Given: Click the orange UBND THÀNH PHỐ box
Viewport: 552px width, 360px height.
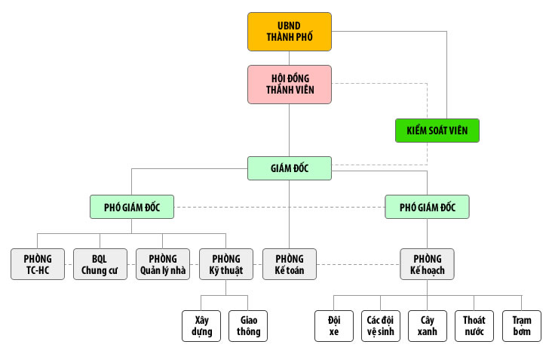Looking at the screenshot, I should (279, 31).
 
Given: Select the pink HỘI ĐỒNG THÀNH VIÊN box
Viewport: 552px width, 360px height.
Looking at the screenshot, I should (290, 84).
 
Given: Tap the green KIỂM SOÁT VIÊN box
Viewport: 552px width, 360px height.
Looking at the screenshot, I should (437, 131).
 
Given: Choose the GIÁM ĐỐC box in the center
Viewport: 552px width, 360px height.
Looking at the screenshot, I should (290, 168).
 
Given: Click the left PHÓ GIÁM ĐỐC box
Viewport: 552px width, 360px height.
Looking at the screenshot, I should (131, 206).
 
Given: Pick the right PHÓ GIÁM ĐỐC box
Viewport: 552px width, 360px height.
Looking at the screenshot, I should (427, 206).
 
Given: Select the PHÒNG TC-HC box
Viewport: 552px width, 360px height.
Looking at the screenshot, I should (38, 265).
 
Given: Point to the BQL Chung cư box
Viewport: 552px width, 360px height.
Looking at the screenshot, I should (100, 265).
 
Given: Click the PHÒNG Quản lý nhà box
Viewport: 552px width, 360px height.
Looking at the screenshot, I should (163, 265).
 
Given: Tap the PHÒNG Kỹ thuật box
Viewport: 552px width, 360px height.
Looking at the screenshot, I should (226, 265).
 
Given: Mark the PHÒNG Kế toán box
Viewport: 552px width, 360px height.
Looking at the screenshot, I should (290, 265).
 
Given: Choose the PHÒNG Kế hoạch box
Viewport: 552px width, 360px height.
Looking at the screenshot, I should (427, 265).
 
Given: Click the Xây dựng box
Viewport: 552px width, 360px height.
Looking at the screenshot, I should (201, 325).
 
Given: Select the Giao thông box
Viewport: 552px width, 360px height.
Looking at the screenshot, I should (248, 325).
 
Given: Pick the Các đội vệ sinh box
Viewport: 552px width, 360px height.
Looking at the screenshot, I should (381, 325).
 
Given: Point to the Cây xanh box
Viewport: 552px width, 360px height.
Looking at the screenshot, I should (428, 325).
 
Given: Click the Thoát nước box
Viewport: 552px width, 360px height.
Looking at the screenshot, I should (474, 325).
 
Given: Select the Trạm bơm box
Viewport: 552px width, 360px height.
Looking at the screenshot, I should (521, 325).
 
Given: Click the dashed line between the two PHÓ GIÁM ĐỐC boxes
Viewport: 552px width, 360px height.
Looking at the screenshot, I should (279, 207).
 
